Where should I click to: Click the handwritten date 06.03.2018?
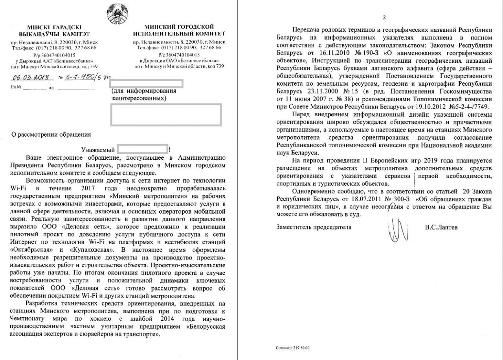pyautogui.click(x=30, y=78)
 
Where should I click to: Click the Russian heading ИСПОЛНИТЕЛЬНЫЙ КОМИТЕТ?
pyautogui.click(x=179, y=33)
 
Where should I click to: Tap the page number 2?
pyautogui.click(x=384, y=17)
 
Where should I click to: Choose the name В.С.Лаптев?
pyautogui.click(x=442, y=227)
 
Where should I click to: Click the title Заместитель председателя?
pyautogui.click(x=314, y=227)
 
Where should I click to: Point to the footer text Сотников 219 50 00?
pyautogui.click(x=293, y=348)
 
